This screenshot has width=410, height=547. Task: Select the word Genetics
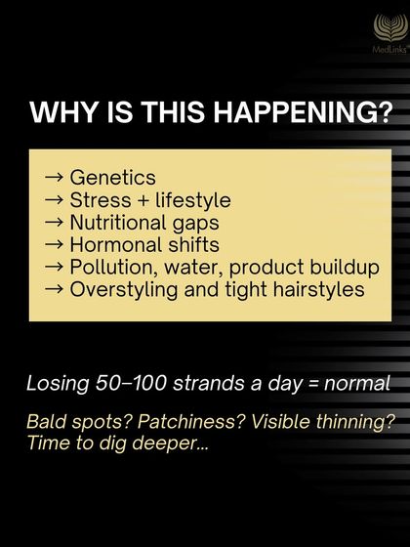pyautogui.click(x=112, y=179)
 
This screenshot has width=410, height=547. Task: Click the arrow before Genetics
pyautogui.click(x=55, y=179)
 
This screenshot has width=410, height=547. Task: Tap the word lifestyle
pyautogui.click(x=192, y=201)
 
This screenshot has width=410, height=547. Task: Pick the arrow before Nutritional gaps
pyautogui.click(x=55, y=223)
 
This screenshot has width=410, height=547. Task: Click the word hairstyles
pyautogui.click(x=315, y=289)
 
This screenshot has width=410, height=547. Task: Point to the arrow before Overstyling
pyautogui.click(x=55, y=289)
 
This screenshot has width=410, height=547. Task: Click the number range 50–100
pyautogui.click(x=132, y=382)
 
